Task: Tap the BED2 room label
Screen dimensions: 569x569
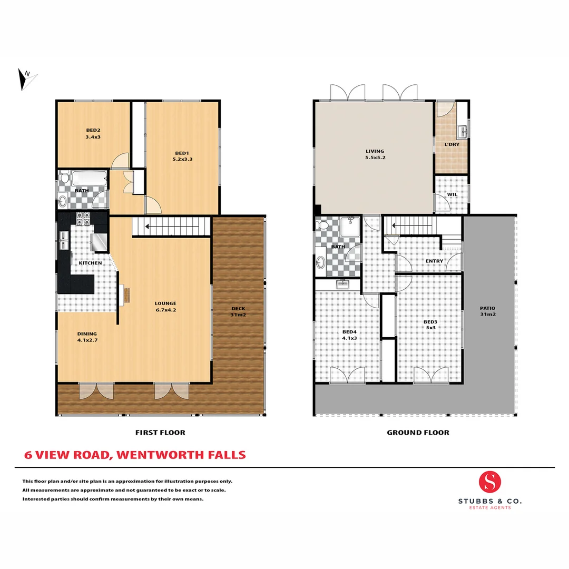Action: [93, 134]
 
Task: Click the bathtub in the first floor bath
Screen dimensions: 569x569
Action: [89, 179]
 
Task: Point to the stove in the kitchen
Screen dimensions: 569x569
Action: [83, 217]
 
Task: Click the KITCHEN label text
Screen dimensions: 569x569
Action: [90, 262]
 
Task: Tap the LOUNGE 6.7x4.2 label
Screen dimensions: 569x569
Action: [165, 307]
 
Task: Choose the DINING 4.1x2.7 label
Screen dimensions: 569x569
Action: [86, 337]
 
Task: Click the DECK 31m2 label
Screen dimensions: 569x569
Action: [238, 312]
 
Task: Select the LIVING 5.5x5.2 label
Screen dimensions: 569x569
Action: [375, 154]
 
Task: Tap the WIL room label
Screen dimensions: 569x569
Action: [452, 194]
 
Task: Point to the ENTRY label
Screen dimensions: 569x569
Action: [434, 261]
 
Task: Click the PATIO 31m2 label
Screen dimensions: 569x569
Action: [488, 311]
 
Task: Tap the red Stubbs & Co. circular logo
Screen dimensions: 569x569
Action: [490, 482]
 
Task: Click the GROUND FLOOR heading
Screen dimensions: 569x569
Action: [418, 433]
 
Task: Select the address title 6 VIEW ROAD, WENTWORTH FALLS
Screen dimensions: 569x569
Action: [135, 455]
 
